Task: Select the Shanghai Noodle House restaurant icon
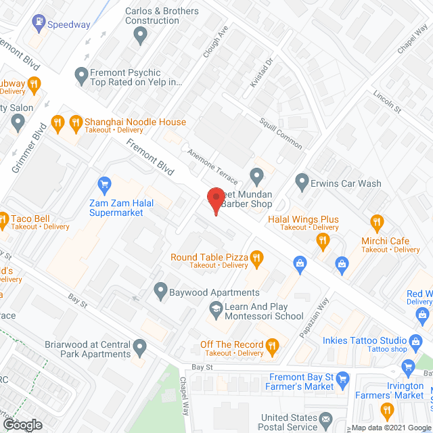(58, 122)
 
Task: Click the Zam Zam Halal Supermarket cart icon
(104, 183)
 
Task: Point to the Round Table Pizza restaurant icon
(256, 257)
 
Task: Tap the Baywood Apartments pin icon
(160, 292)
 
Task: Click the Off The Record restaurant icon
(273, 347)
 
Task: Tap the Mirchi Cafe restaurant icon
(377, 222)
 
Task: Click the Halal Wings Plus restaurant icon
(323, 239)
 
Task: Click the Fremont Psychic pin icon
(81, 74)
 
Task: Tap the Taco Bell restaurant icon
(3, 219)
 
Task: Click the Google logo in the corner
(22, 424)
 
